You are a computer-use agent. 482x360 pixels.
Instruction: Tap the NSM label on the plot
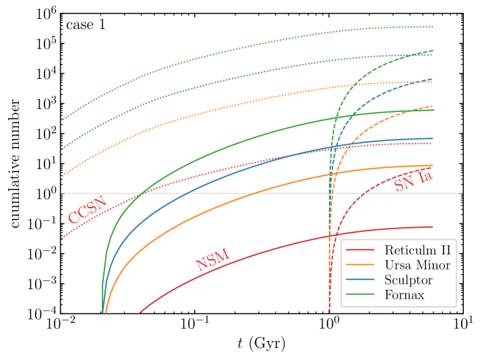(x=212, y=260)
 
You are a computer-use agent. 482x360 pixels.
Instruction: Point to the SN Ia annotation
(x=413, y=181)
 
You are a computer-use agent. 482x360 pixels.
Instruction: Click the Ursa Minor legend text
(x=417, y=266)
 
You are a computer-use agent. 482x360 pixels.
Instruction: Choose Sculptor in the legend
(x=408, y=280)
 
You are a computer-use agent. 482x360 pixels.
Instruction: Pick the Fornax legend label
(x=404, y=295)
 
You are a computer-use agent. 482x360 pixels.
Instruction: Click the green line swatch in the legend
(x=360, y=295)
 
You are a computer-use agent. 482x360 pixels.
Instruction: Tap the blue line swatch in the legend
(x=360, y=280)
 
